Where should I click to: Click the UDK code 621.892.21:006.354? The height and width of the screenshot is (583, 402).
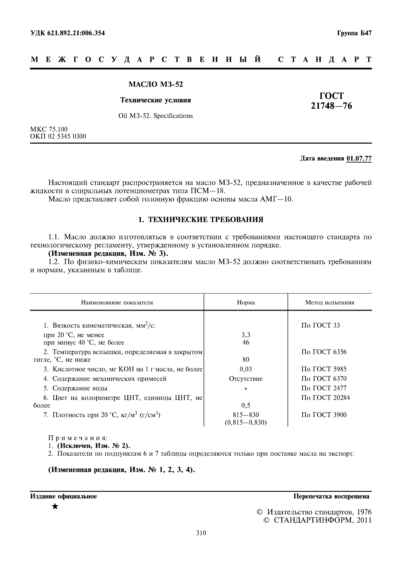point(67,33)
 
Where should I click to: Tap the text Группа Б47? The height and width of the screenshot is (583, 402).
point(354,33)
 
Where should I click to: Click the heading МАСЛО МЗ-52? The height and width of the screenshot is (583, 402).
point(156,84)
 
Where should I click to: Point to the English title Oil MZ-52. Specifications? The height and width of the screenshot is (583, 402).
point(155,116)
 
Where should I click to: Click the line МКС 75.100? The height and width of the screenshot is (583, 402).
point(49,129)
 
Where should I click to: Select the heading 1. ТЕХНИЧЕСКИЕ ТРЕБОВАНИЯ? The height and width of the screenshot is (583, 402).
point(201,220)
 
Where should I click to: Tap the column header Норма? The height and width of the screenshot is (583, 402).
point(246,303)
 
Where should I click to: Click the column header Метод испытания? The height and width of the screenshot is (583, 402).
point(330,303)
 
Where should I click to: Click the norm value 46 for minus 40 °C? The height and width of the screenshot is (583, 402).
point(246,342)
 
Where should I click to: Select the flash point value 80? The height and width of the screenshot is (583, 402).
point(246,359)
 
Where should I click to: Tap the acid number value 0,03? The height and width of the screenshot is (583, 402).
point(246,369)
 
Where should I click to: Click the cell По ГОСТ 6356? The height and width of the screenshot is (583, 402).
point(324,352)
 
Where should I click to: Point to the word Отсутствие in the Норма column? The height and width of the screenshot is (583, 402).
point(246,379)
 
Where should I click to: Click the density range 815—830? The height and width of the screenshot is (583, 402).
point(246,415)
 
